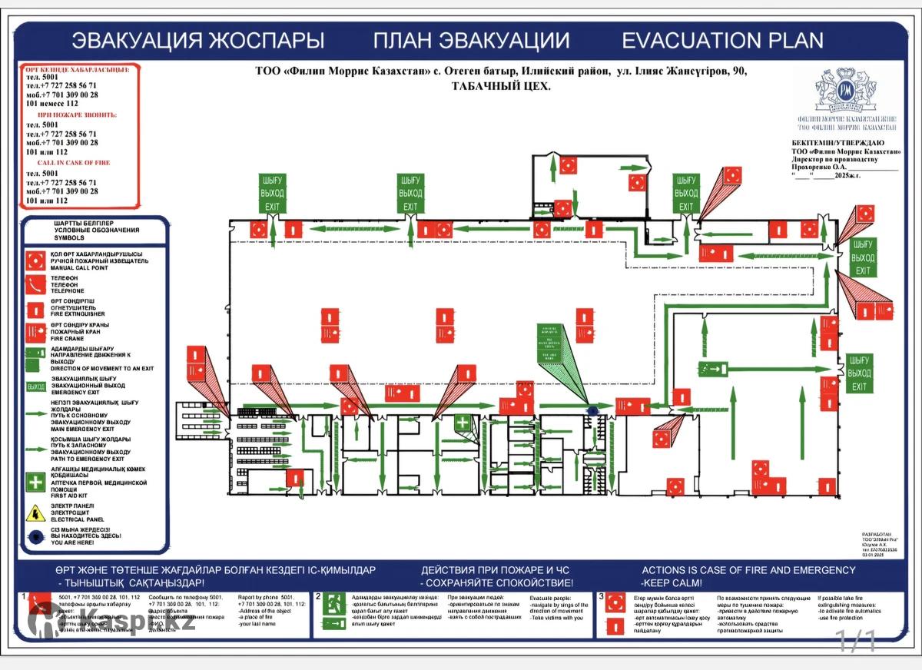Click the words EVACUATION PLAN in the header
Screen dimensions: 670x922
tap(722, 40)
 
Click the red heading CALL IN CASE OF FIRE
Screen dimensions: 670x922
tap(73, 163)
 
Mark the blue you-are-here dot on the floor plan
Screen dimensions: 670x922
tap(592, 412)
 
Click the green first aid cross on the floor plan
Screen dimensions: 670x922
tap(462, 423)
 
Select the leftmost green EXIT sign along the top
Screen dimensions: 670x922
tap(272, 193)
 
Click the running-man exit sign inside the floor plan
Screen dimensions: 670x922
tap(712, 369)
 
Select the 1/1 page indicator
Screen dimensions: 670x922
tap(856, 640)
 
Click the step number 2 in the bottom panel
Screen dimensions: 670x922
tap(318, 596)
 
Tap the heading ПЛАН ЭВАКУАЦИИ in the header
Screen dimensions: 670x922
tap(472, 40)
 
